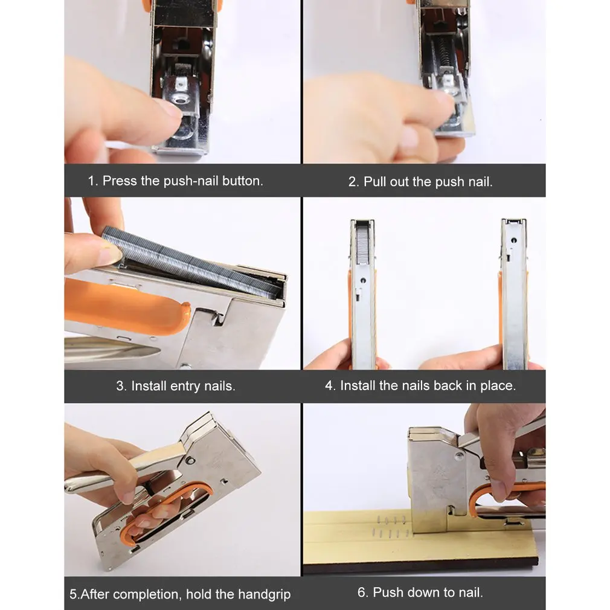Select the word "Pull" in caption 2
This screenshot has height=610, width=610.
pos(372,182)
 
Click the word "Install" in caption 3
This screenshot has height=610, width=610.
pos(149,386)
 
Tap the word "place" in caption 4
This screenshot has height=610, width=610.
pos(498,386)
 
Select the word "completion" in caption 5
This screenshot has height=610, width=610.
pos(147,594)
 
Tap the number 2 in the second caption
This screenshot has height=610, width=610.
pos(353,182)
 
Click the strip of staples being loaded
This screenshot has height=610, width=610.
pos(191,263)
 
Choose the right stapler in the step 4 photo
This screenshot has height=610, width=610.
pos(513,294)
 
